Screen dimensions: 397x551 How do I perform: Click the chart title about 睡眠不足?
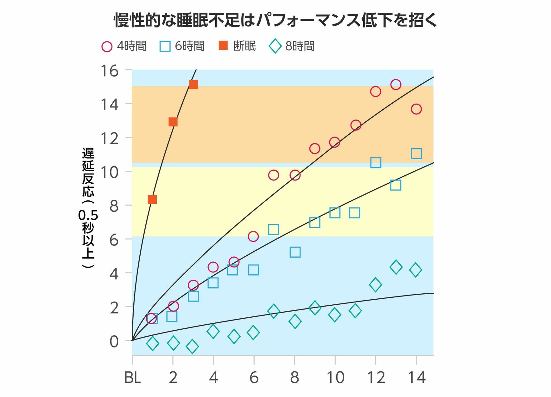(275, 20)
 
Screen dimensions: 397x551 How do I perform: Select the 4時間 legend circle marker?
(107, 46)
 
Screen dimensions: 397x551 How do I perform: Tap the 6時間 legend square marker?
(165, 46)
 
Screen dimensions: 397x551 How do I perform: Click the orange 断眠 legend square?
(223, 46)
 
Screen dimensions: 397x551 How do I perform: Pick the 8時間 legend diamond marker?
(275, 46)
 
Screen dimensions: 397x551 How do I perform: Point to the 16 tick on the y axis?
(109, 71)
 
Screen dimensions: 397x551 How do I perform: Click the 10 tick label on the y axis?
(109, 172)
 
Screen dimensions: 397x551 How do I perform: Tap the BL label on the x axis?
(132, 378)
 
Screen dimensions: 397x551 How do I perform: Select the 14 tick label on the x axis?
(416, 378)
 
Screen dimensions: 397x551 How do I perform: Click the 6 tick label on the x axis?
(254, 378)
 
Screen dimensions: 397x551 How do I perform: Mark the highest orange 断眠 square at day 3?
(193, 85)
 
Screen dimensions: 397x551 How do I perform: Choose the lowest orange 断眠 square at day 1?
(152, 199)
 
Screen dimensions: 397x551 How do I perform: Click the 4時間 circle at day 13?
(396, 84)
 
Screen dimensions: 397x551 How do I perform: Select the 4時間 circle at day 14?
(416, 109)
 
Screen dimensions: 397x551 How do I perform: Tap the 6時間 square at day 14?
(416, 154)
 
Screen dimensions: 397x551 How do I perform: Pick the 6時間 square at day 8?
(295, 252)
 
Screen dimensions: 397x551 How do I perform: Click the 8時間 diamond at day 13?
(396, 267)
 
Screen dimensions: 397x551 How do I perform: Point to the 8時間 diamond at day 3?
(192, 347)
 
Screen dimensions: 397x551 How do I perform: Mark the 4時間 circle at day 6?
(253, 236)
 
